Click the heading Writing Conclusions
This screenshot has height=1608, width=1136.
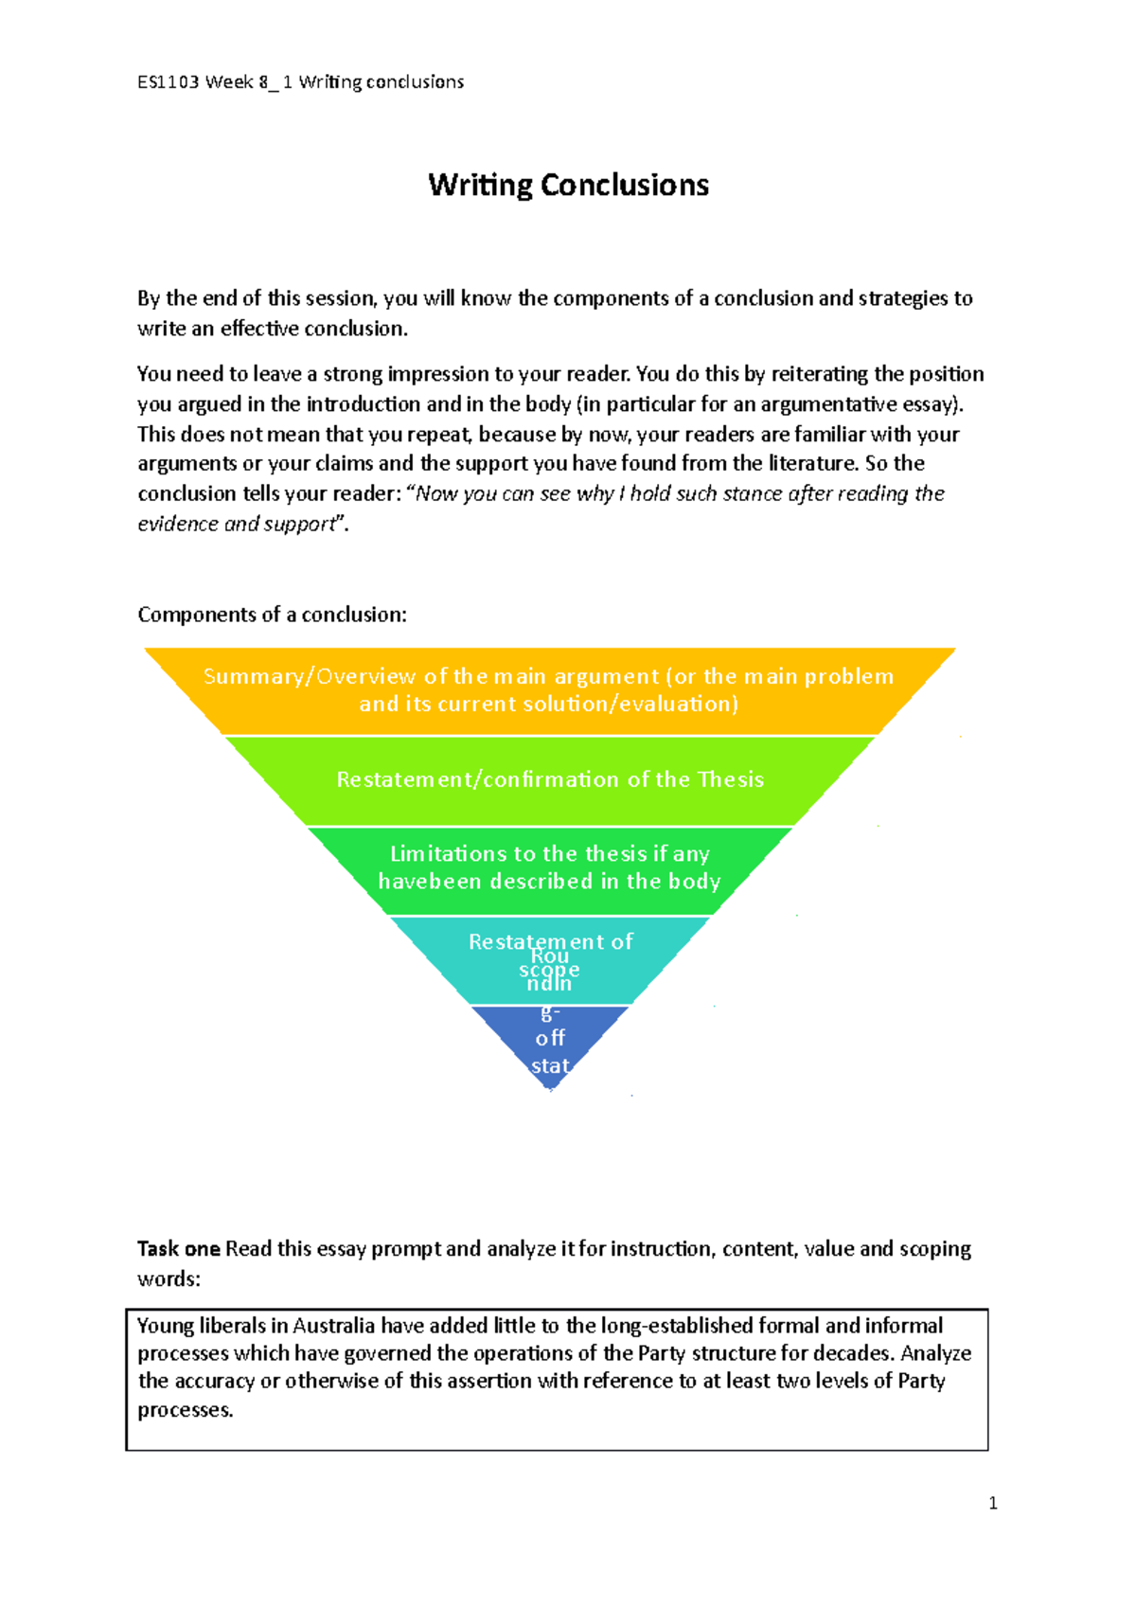[568, 185]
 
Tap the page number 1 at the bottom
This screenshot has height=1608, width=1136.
[992, 1503]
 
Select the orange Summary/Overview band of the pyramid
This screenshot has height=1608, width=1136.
[549, 690]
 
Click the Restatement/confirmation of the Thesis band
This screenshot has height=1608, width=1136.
[549, 780]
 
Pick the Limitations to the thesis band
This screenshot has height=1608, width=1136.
[549, 867]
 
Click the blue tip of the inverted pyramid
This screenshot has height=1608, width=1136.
[549, 1042]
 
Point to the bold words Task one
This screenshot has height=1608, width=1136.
[179, 1249]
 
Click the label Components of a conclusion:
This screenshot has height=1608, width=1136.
[272, 615]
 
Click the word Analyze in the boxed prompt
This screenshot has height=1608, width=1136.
[935, 1353]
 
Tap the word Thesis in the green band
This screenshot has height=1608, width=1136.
[730, 780]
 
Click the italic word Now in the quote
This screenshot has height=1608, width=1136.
[436, 493]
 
